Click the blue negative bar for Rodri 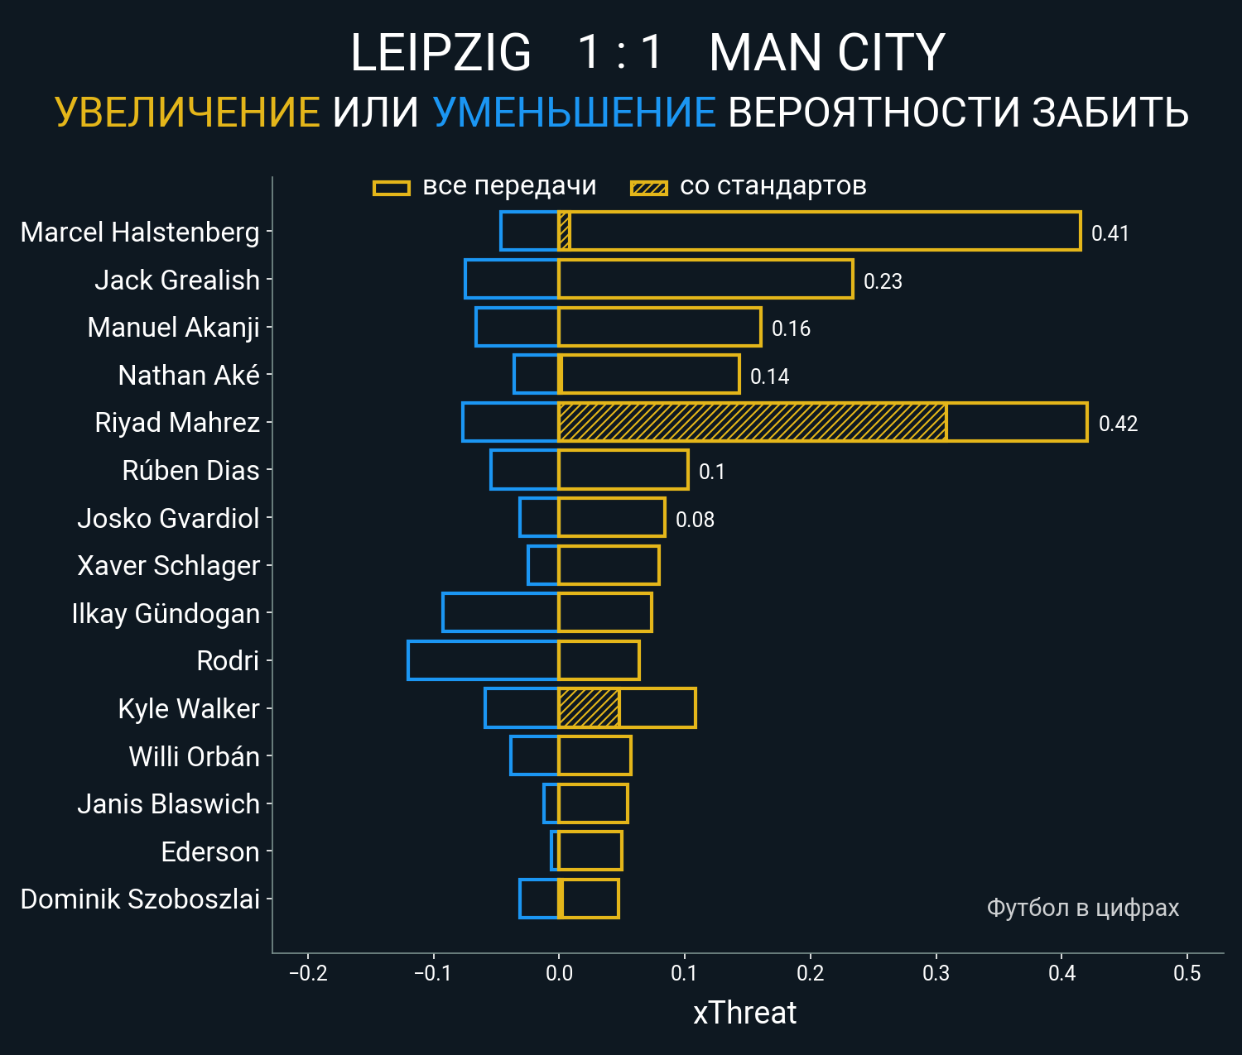click(483, 660)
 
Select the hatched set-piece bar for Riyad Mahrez click(752, 422)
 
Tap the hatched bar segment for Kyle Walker click(589, 708)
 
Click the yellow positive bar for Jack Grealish click(705, 279)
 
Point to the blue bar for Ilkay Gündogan click(500, 612)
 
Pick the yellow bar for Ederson click(590, 851)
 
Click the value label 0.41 click(1110, 233)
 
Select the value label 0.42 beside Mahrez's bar click(1118, 424)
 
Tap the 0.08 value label click(695, 520)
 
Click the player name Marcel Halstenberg click(140, 233)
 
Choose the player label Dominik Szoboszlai click(140, 899)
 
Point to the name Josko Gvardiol click(168, 518)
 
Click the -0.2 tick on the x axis click(308, 973)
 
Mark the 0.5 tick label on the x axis click(1187, 973)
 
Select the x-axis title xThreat click(744, 1013)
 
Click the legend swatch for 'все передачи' click(392, 188)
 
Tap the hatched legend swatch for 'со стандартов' click(648, 188)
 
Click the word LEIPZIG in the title click(440, 53)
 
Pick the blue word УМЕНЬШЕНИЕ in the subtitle click(574, 113)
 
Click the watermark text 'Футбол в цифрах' click(1082, 908)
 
